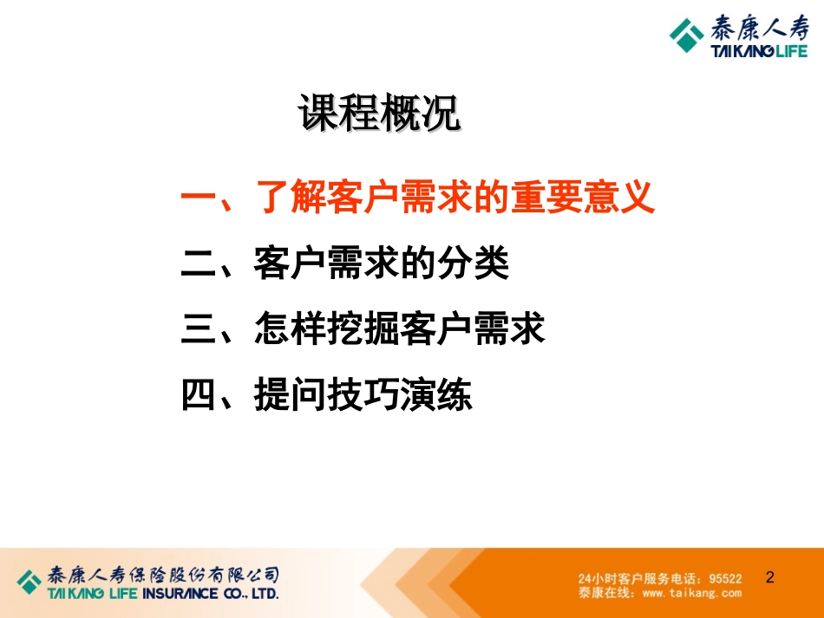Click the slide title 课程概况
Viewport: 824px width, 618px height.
pos(379,114)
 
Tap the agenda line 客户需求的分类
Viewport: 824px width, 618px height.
pos(382,263)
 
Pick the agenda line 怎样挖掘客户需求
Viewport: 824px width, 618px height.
pos(400,329)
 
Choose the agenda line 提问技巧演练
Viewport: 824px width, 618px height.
pos(363,395)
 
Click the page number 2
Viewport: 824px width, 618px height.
pos(770,576)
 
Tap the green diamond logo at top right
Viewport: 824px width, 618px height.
pos(687,37)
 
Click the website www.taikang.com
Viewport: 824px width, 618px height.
pos(692,593)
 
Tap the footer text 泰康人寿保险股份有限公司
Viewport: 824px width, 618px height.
pos(163,575)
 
